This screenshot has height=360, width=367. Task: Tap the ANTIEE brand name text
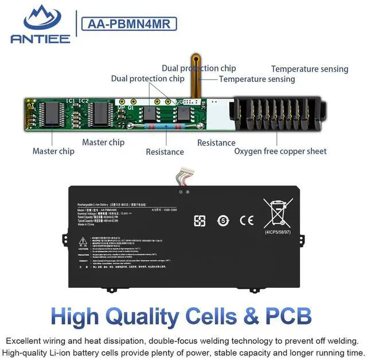click(40, 39)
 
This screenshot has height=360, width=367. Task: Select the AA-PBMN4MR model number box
click(128, 24)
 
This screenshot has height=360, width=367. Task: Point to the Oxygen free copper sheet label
click(280, 151)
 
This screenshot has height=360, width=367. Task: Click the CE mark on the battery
click(248, 220)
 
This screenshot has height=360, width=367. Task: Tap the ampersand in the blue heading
click(260, 316)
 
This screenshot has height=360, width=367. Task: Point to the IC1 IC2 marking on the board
click(77, 101)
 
